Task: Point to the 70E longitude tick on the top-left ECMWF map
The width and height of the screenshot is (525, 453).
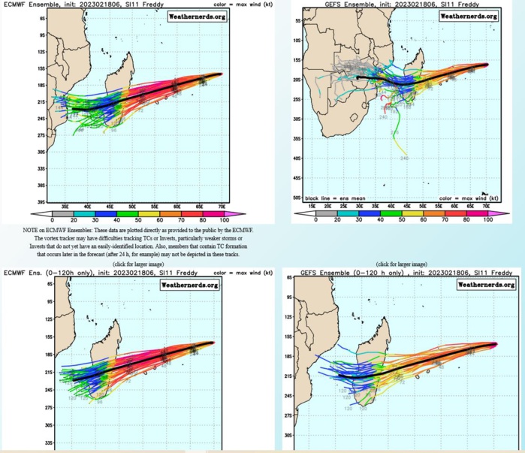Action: [222, 205]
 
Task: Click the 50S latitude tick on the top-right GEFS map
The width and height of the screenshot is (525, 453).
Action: [298, 198]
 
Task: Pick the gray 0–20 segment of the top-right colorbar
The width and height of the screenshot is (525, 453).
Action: [324, 213]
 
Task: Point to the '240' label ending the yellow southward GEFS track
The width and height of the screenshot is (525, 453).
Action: [405, 158]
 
